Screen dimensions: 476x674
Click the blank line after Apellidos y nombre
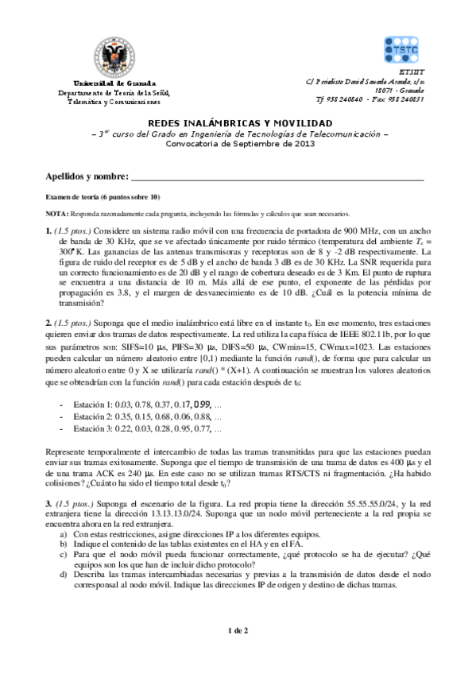(x=278, y=177)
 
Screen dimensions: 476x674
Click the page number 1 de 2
(x=238, y=631)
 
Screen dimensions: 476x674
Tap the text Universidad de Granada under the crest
(x=114, y=83)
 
